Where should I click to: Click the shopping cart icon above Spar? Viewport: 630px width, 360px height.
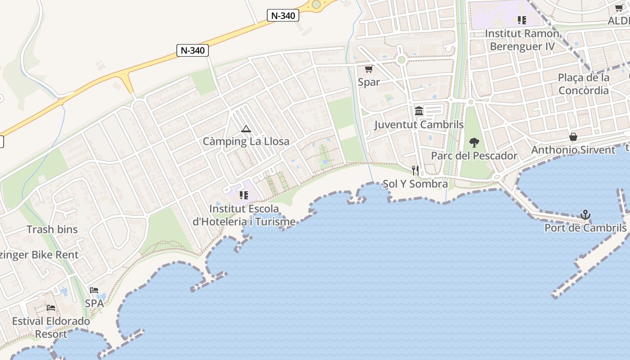click(369, 69)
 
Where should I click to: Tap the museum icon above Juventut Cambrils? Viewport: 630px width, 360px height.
click(419, 111)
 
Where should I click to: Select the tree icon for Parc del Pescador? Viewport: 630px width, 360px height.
click(474, 143)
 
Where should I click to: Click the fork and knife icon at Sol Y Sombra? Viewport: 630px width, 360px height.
click(415, 170)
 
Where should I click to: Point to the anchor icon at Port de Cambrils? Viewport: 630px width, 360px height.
click(585, 215)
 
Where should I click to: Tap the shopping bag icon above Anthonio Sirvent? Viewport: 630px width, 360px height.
click(573, 136)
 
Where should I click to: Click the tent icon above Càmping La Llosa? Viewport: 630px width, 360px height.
click(246, 129)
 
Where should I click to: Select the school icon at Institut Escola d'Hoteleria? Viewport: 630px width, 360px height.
click(244, 195)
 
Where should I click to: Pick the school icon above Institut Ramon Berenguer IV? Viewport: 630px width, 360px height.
click(522, 20)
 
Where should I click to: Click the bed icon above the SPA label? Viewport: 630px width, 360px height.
click(94, 290)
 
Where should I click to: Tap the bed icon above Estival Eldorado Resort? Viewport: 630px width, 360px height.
click(51, 308)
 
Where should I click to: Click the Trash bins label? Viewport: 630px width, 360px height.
click(52, 229)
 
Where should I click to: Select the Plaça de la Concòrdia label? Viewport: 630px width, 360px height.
click(584, 84)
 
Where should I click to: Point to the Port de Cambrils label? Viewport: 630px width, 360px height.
click(585, 228)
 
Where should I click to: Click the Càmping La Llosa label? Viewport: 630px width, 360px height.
click(246, 141)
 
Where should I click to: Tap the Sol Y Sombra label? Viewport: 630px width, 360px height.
click(415, 184)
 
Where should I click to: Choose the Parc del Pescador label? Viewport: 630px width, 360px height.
click(474, 156)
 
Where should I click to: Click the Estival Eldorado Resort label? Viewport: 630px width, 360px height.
click(51, 328)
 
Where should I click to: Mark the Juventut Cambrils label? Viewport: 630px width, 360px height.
click(419, 125)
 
